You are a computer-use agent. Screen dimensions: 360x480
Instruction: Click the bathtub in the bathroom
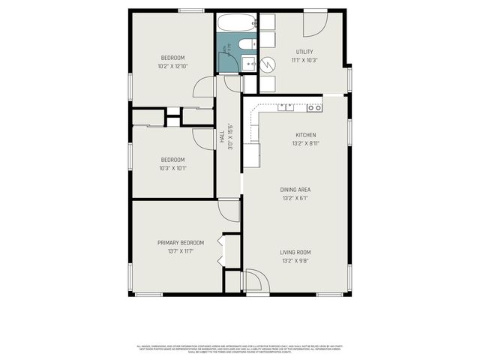pyautogui.click(x=236, y=22)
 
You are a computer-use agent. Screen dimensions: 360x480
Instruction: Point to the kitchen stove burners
pyautogui.click(x=314, y=108)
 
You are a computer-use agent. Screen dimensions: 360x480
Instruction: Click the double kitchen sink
pyautogui.click(x=286, y=107)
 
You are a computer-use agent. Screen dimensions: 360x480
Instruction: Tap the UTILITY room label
pyautogui.click(x=304, y=52)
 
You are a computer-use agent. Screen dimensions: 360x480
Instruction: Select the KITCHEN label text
pyautogui.click(x=304, y=135)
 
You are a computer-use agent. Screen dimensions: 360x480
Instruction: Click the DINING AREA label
pyautogui.click(x=295, y=190)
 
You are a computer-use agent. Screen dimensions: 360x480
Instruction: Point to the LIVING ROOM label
pyautogui.click(x=295, y=252)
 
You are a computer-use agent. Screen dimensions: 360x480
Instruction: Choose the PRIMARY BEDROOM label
pyautogui.click(x=180, y=242)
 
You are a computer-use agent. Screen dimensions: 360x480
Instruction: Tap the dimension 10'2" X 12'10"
pyautogui.click(x=172, y=67)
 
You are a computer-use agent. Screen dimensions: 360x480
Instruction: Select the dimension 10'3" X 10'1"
pyautogui.click(x=172, y=168)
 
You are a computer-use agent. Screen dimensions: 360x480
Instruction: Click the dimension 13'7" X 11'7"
pyautogui.click(x=180, y=252)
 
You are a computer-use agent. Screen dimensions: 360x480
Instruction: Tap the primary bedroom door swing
pyautogui.click(x=229, y=210)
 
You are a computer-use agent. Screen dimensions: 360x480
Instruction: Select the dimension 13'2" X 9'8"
pyautogui.click(x=295, y=262)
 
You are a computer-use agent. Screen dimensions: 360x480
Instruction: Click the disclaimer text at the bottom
pyautogui.click(x=240, y=349)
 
